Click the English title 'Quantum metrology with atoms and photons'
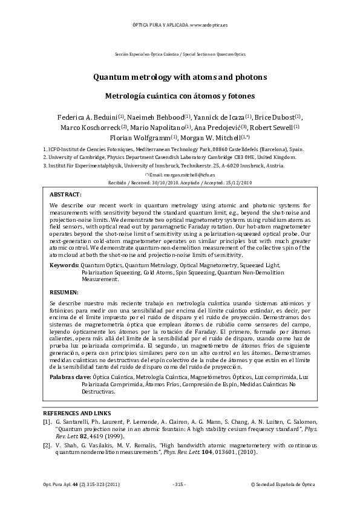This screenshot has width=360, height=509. pos(180,78)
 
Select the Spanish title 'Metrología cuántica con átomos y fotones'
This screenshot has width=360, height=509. pos(180,96)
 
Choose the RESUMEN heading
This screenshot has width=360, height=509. pos(64,292)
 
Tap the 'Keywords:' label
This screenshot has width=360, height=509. pos(64,265)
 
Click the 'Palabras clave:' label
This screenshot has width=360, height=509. pos(71,377)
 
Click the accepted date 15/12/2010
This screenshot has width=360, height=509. pos(238,181)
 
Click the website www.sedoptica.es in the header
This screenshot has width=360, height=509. pos(208,26)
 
